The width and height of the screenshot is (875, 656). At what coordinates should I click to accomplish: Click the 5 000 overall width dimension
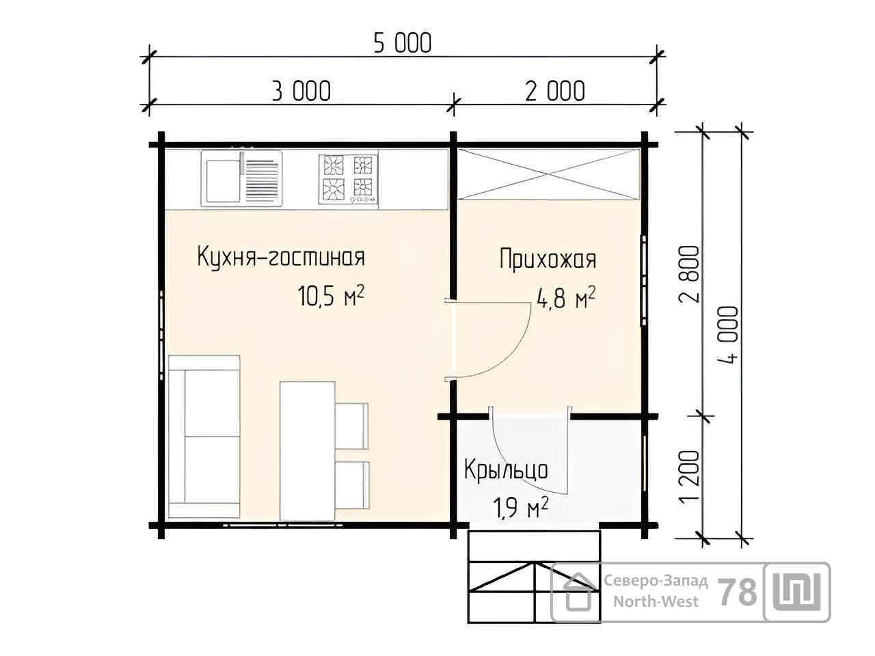click(x=403, y=44)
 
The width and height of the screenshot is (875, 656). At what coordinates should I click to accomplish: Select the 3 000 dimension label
click(x=301, y=91)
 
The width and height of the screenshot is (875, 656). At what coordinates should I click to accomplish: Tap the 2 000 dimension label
click(x=555, y=91)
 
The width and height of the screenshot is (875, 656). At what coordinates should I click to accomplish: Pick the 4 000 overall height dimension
click(x=730, y=335)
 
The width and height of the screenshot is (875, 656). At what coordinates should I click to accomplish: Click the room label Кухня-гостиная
click(x=281, y=258)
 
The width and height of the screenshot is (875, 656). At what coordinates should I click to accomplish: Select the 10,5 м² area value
click(x=331, y=296)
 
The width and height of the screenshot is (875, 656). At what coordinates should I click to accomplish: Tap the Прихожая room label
click(x=548, y=259)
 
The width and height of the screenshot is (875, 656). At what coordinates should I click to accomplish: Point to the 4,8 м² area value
click(x=567, y=299)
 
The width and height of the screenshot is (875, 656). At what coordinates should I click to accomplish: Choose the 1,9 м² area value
click(x=521, y=508)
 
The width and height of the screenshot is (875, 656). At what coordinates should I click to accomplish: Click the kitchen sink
click(x=241, y=178)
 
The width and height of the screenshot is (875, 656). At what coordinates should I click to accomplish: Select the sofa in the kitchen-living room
click(x=204, y=437)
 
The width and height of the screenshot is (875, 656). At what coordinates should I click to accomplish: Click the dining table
click(x=307, y=451)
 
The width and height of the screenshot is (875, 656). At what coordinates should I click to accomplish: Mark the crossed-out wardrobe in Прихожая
click(x=548, y=174)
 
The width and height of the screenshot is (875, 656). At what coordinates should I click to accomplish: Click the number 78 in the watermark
click(x=737, y=592)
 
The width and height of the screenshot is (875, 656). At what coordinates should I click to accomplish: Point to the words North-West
click(x=656, y=601)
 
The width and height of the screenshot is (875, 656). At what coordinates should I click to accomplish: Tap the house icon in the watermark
click(x=580, y=592)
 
